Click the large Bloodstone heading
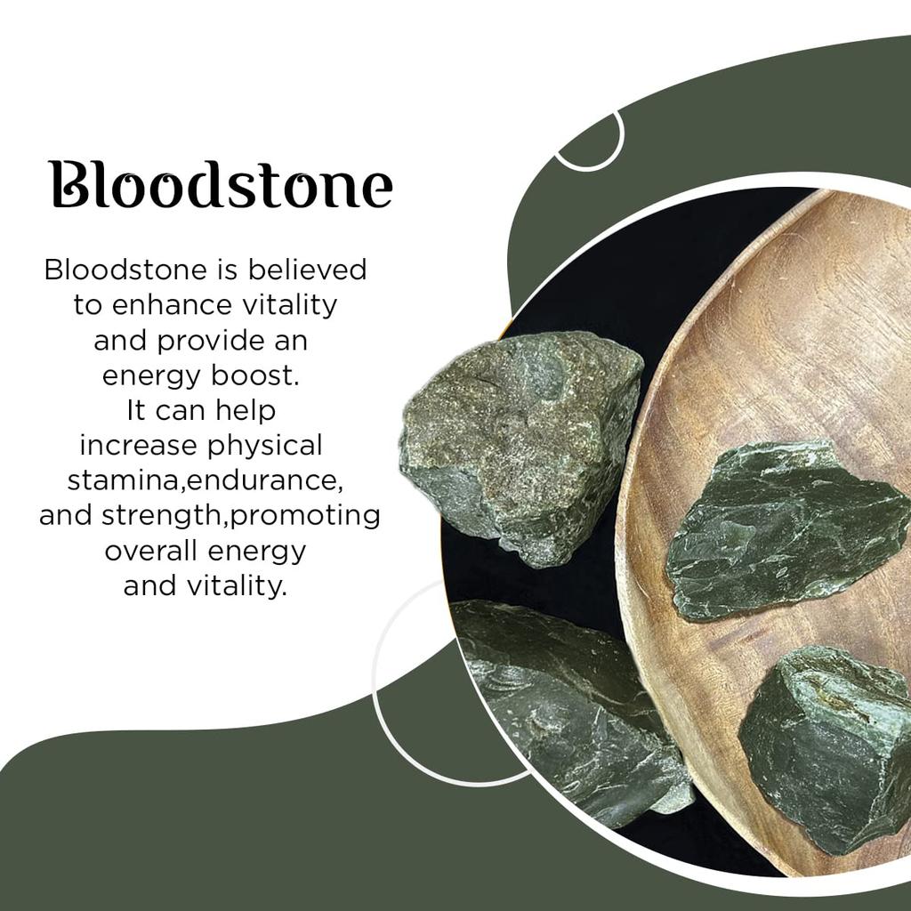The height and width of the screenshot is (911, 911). [x=221, y=184]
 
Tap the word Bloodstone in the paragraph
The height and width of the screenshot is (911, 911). [x=125, y=270]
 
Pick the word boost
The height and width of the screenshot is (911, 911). [x=255, y=375]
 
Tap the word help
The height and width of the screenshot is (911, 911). [x=246, y=411]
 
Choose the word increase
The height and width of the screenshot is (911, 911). [x=138, y=446]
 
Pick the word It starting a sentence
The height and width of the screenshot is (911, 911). [x=136, y=410]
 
